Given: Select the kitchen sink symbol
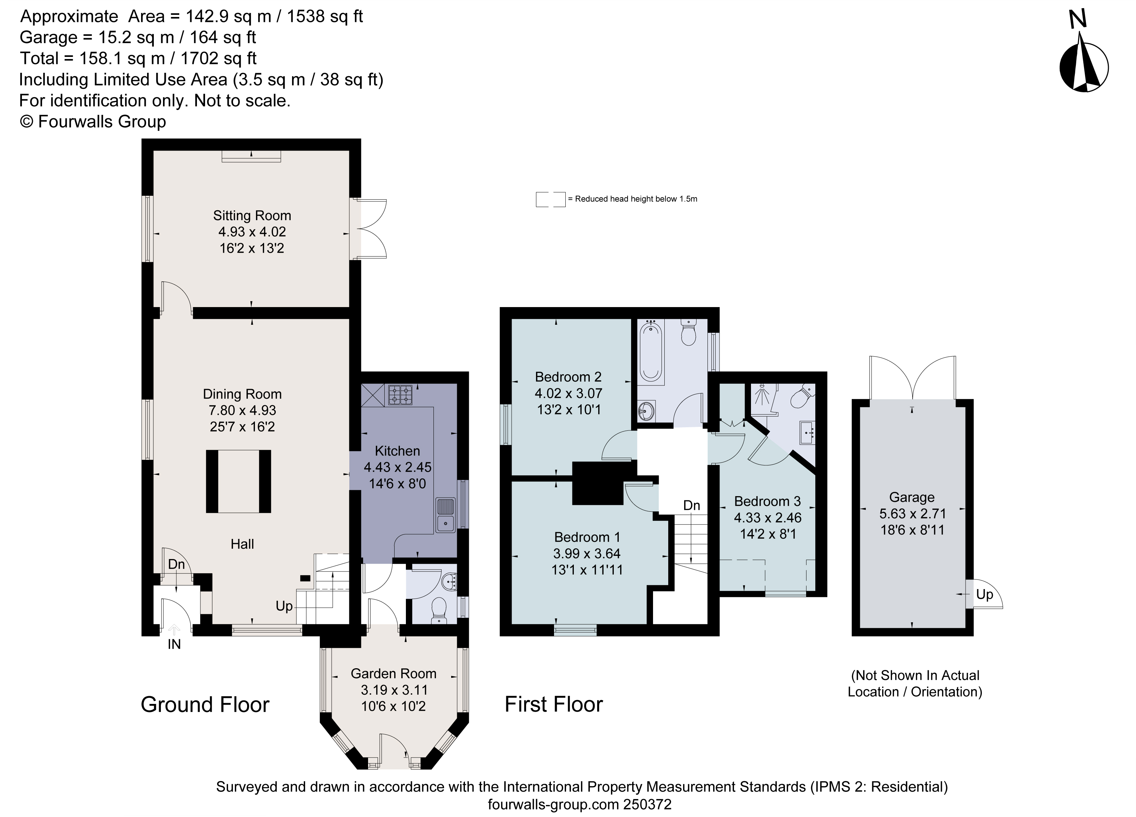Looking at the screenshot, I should (x=445, y=515).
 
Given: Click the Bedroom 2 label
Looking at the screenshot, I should (x=568, y=376).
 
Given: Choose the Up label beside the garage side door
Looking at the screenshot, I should (x=984, y=595).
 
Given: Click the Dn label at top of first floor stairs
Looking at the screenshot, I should (x=691, y=506).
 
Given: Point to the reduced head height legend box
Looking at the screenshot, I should (x=550, y=199).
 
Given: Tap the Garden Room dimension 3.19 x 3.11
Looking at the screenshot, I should (x=394, y=690).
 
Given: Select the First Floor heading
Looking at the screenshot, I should (x=553, y=704).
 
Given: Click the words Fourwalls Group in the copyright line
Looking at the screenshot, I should (x=102, y=122).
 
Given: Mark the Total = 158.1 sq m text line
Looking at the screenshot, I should (x=138, y=59).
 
